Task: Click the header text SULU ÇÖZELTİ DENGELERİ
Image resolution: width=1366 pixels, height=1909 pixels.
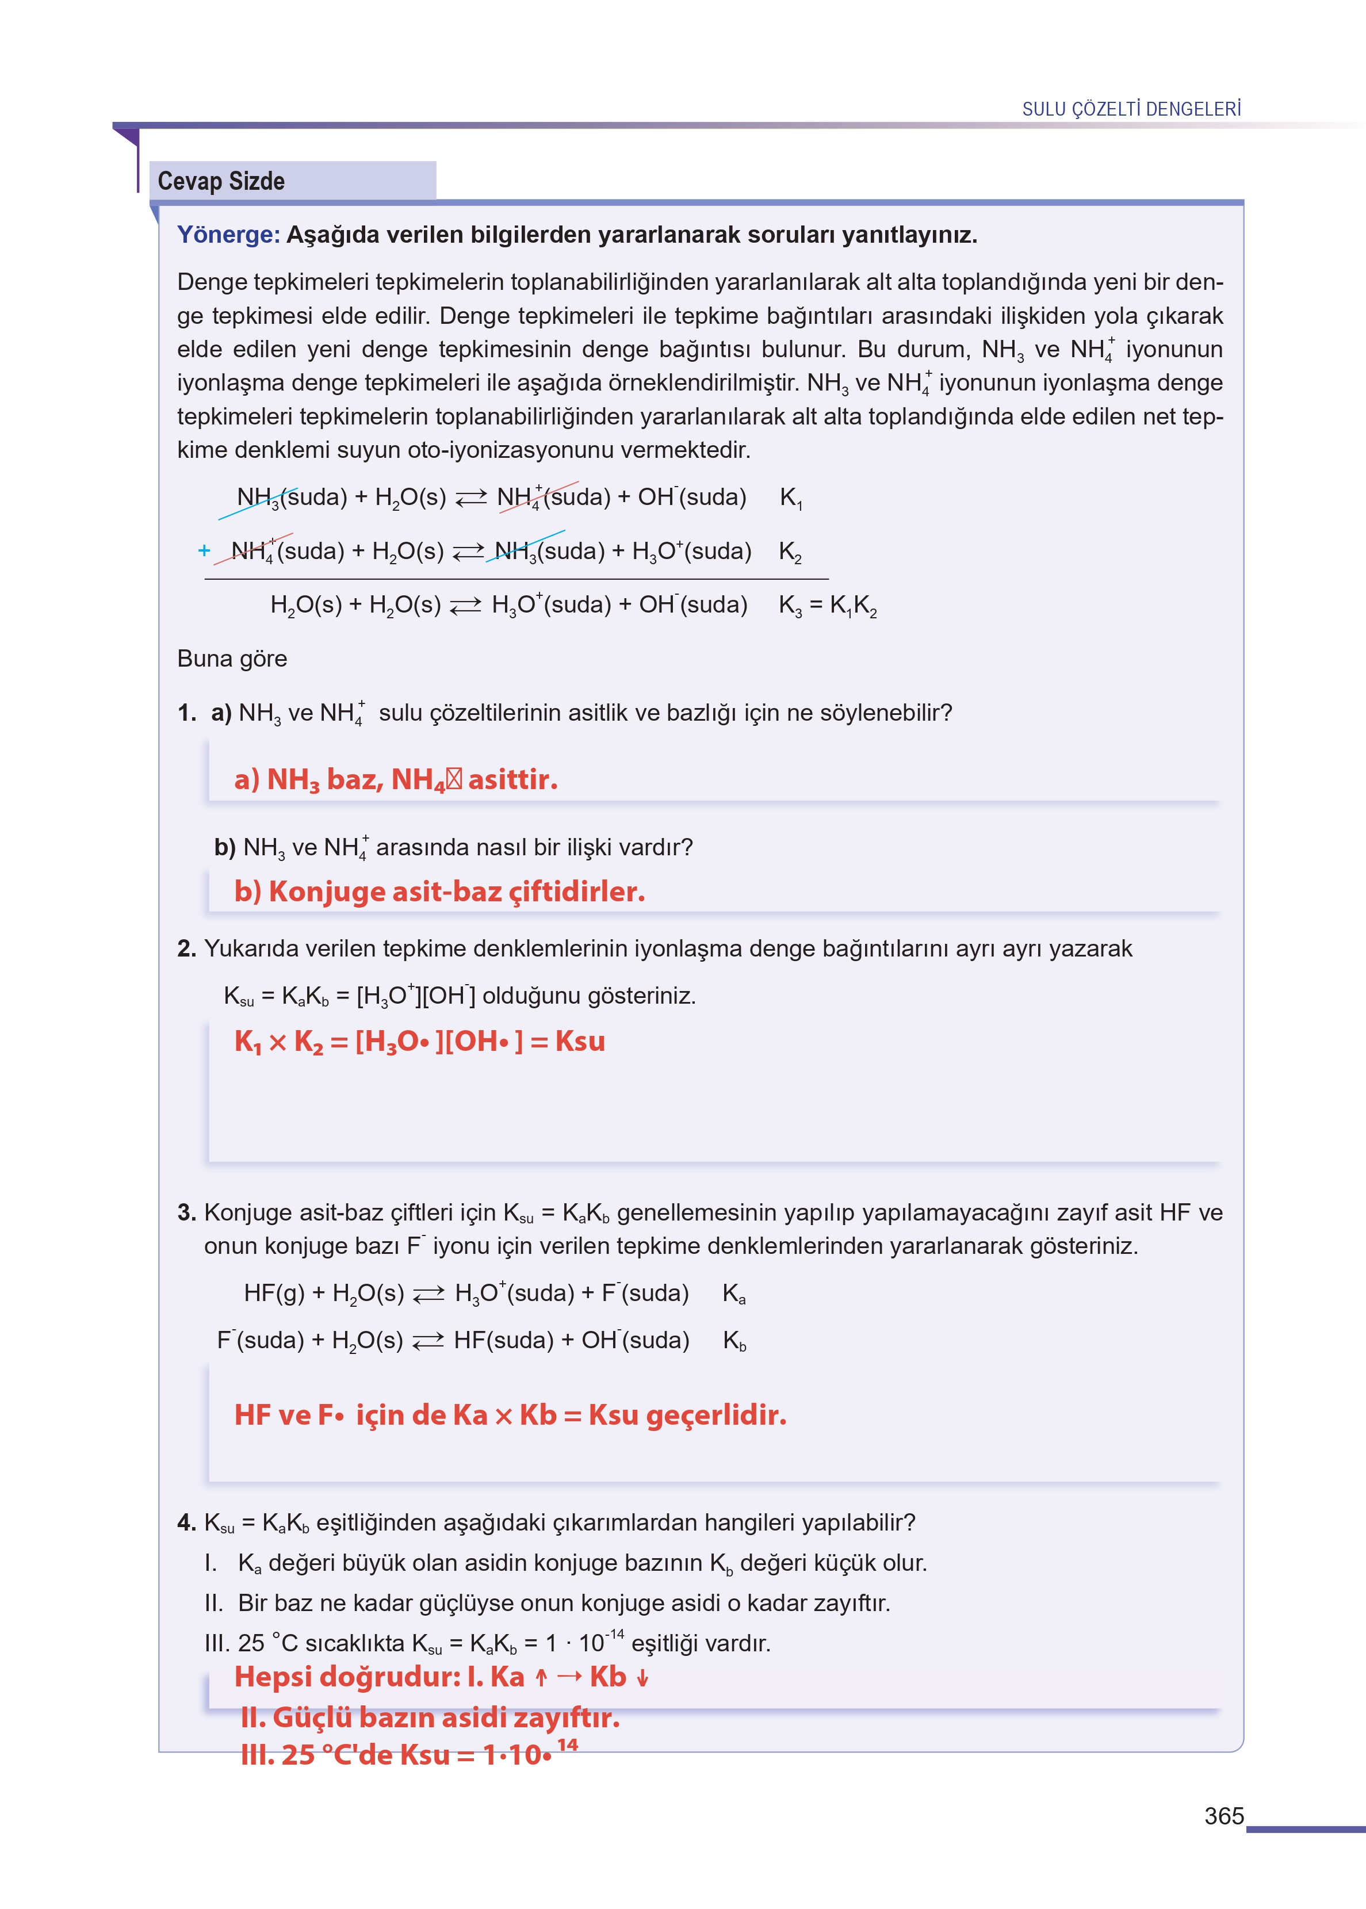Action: pos(1131,109)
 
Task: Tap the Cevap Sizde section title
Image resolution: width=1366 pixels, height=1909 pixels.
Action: pos(221,181)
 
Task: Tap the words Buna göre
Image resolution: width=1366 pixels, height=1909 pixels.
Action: pos(232,659)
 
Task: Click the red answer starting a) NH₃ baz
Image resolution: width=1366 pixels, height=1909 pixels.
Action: pos(395,779)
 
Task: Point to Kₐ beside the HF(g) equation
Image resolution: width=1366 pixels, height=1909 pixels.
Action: pos(733,1294)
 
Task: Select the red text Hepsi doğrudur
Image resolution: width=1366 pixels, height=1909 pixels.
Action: pos(347,1677)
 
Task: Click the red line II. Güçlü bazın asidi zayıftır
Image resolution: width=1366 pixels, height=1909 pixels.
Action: pos(430,1717)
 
